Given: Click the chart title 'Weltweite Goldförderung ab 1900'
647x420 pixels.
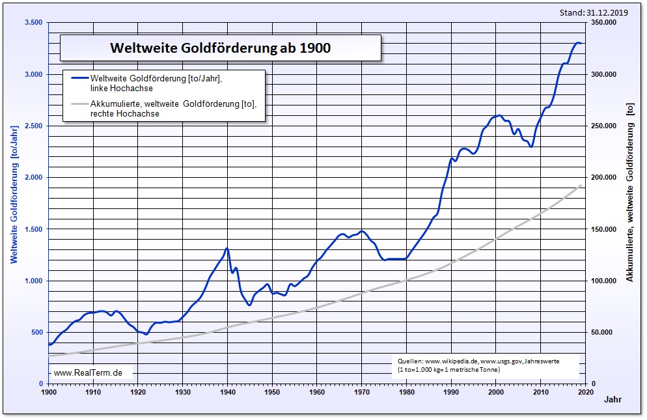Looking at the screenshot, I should [220, 48].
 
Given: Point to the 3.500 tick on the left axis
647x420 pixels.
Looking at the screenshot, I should [33, 23].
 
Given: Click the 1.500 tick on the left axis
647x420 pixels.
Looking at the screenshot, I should [33, 229].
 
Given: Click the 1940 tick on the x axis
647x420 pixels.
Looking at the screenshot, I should [227, 393].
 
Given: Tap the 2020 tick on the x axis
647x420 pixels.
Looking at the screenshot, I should [585, 393].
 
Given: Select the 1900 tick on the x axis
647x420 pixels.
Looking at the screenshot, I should [49, 393].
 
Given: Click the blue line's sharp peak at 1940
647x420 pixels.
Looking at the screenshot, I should [227, 248].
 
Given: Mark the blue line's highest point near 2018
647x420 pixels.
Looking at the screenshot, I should [577, 43].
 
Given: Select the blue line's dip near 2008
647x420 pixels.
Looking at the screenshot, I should [531, 147].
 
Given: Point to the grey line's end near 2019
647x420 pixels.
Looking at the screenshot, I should [580, 186].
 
